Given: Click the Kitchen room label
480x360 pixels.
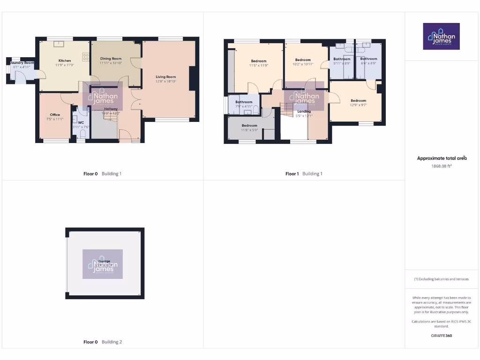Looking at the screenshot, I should (x=65, y=60).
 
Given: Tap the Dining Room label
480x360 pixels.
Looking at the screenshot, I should (x=111, y=59).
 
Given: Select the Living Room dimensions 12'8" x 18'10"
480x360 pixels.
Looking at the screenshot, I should (x=166, y=82).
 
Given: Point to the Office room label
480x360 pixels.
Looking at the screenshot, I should (x=55, y=114).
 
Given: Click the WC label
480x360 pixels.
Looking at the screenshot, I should (x=81, y=123).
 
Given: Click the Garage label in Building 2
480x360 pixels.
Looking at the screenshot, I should (x=104, y=261).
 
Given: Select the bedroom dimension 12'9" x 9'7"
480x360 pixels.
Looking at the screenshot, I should (x=358, y=105).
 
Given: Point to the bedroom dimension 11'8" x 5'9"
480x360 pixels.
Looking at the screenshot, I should (x=249, y=130).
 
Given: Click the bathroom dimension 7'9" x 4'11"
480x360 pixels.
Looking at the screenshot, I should (x=244, y=106).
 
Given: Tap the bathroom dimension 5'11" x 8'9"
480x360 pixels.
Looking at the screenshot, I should (x=342, y=63).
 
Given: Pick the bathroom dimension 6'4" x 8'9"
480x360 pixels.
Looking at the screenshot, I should (x=368, y=63).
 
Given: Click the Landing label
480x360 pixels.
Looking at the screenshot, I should (x=304, y=111).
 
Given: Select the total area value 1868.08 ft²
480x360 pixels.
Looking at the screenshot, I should (x=442, y=166).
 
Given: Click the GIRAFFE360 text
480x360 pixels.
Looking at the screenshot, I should (x=442, y=336).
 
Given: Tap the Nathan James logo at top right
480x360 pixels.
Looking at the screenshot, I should (x=442, y=37).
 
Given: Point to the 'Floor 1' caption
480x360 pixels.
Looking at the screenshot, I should (x=292, y=174).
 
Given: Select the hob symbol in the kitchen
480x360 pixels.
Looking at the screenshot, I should (x=86, y=57).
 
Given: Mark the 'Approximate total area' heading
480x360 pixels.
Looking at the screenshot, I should (x=442, y=158).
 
